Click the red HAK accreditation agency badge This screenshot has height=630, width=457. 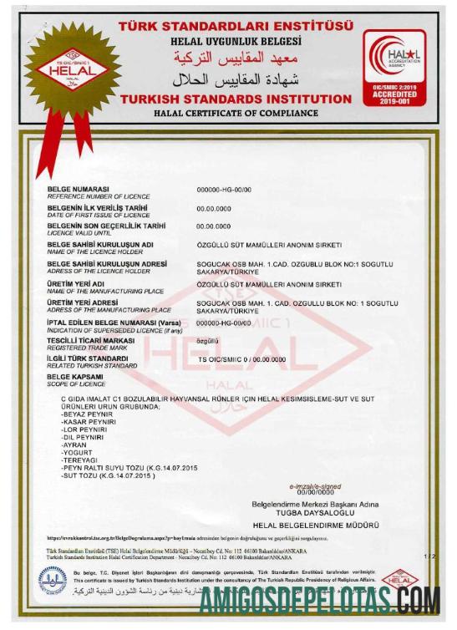pos(394,67)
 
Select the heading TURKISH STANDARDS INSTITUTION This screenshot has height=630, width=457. pos(236,99)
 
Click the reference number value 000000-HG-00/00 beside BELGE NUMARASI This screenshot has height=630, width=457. pos(223,191)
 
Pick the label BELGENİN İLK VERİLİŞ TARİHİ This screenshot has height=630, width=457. pos(98,206)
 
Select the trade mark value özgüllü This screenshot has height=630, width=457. pos(207,341)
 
